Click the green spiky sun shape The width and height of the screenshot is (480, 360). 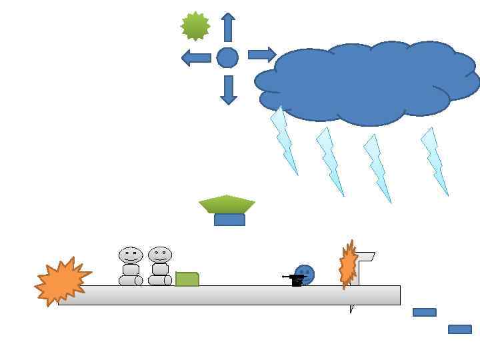coord(195,26)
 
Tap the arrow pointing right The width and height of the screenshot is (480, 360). coord(262,55)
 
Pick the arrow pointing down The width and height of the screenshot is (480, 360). coord(229,89)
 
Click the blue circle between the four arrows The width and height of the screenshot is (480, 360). coord(227,58)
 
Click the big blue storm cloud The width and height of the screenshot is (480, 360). coord(367,83)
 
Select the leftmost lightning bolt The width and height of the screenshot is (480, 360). coord(284,141)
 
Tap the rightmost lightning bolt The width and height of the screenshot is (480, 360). coord(434,161)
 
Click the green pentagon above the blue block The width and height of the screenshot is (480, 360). coord(227,204)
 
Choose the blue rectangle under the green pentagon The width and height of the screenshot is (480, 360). coord(229,220)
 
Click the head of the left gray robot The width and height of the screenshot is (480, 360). coord(131,255)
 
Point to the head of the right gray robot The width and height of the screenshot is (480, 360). coord(160,254)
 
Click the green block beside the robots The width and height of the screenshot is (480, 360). coord(187,279)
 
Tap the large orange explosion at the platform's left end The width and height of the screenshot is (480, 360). coord(62,281)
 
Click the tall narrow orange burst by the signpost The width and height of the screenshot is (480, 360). coord(347,265)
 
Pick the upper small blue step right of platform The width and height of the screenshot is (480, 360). coord(425,312)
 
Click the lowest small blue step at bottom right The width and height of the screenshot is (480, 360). coord(460,329)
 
